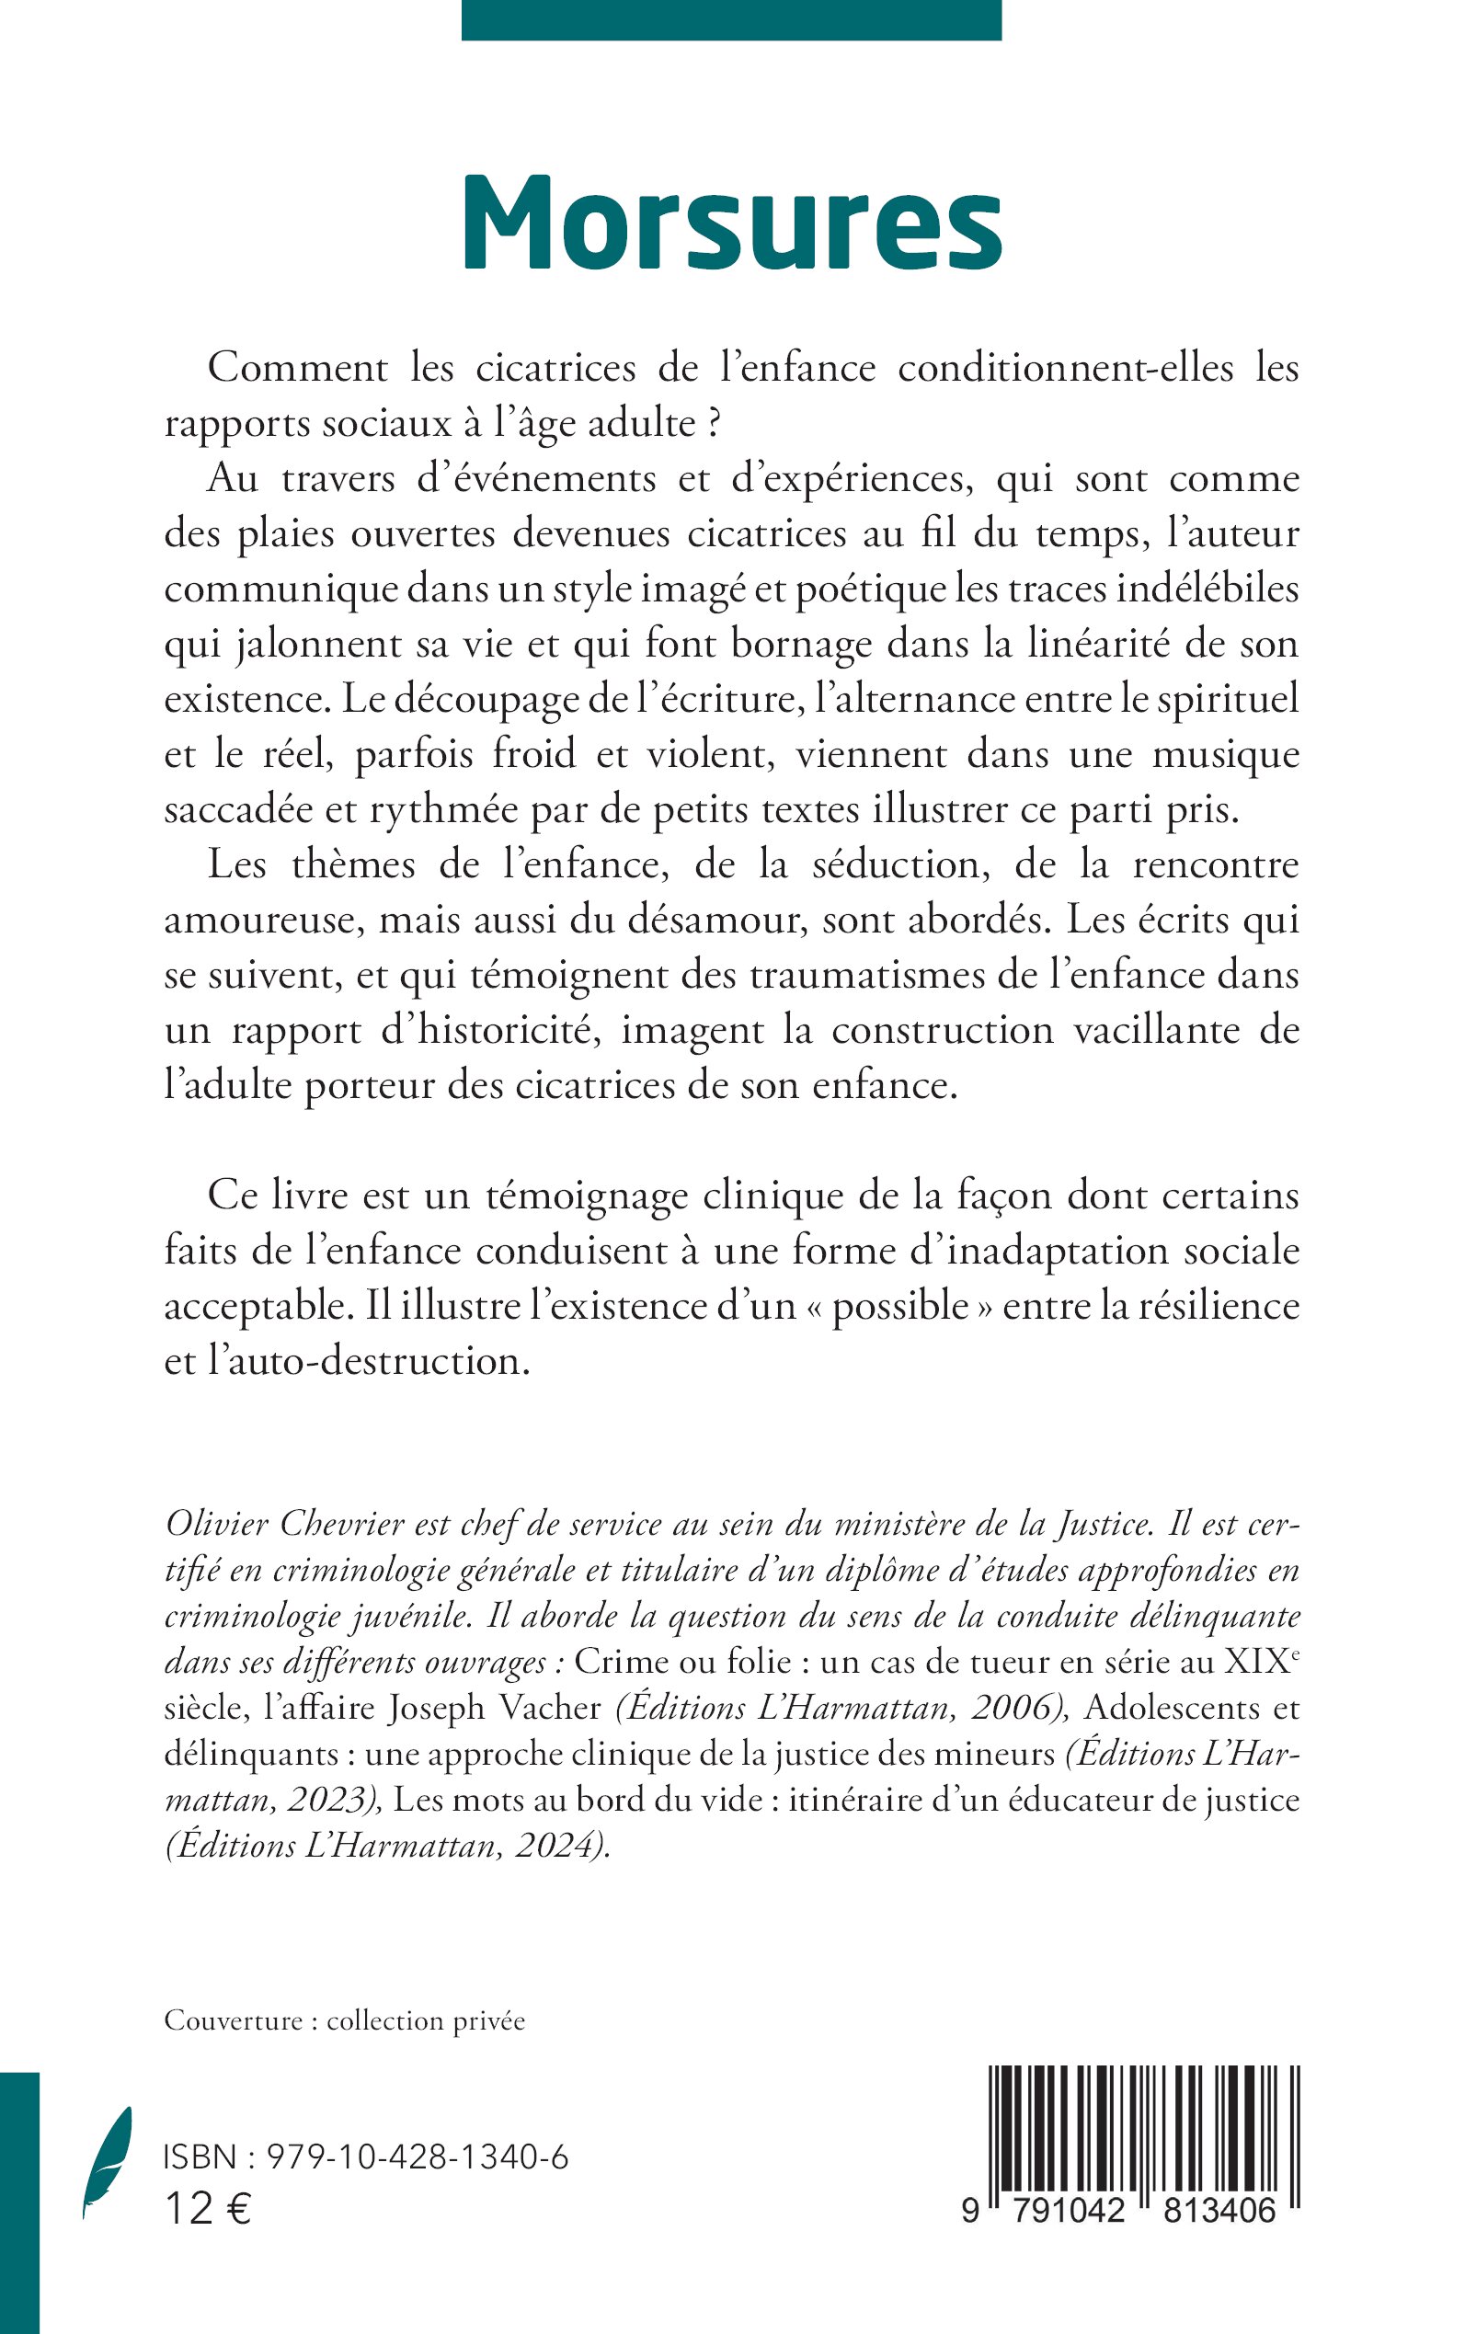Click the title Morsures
[x=731, y=224]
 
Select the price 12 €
[x=207, y=2210]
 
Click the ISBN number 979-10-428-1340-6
[x=417, y=2157]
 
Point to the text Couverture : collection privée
[x=345, y=2021]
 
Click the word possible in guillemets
[x=900, y=1306]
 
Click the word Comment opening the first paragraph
[x=297, y=368]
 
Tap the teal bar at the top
[x=731, y=19]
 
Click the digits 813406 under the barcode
[x=1214, y=2211]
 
